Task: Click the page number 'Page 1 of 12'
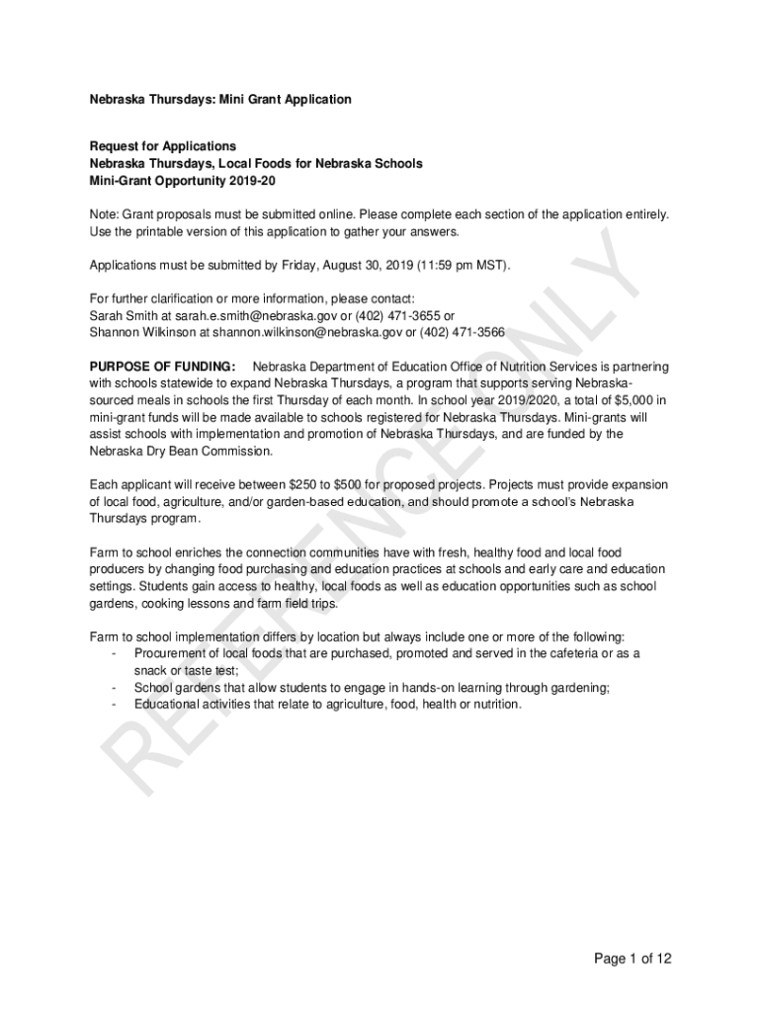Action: click(x=633, y=959)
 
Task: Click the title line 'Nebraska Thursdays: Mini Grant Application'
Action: click(x=220, y=100)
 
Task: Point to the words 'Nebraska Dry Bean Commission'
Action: click(x=179, y=451)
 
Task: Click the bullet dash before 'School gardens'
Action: click(x=116, y=688)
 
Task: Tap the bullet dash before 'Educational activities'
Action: click(x=116, y=705)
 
